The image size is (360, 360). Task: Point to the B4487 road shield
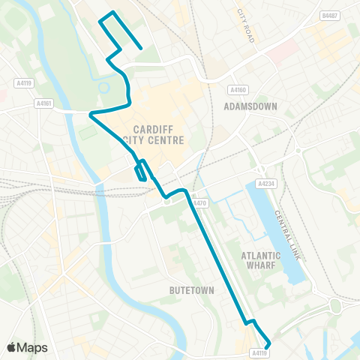pyautogui.click(x=329, y=15)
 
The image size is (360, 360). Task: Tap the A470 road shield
pyautogui.click(x=199, y=203)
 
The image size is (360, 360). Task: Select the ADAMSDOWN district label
pyautogui.click(x=250, y=106)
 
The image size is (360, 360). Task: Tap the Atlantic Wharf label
pyautogui.click(x=260, y=260)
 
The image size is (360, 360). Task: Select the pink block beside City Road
pyautogui.click(x=277, y=50)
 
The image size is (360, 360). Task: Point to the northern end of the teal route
pyautogui.click(x=141, y=48)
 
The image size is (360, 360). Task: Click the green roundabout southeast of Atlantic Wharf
pyautogui.click(x=335, y=306)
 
